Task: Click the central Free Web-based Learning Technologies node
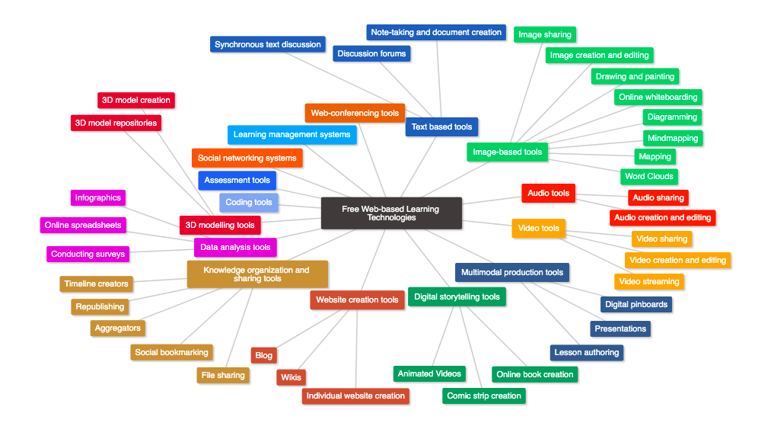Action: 391,213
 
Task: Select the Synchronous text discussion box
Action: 268,44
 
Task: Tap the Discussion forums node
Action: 371,53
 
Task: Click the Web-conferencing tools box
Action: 355,113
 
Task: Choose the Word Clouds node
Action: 649,176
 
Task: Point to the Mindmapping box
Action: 673,138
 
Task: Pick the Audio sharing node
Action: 658,197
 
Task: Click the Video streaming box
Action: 649,281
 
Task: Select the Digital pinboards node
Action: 636,304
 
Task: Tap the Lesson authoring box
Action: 587,352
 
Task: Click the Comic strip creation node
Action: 484,396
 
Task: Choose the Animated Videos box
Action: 429,373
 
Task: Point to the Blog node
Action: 263,355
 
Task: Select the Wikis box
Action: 291,377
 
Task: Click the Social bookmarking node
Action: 171,352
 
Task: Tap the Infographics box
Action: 97,197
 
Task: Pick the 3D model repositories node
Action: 115,123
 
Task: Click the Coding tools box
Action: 249,202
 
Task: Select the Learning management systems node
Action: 291,135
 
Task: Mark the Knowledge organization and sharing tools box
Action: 257,274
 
